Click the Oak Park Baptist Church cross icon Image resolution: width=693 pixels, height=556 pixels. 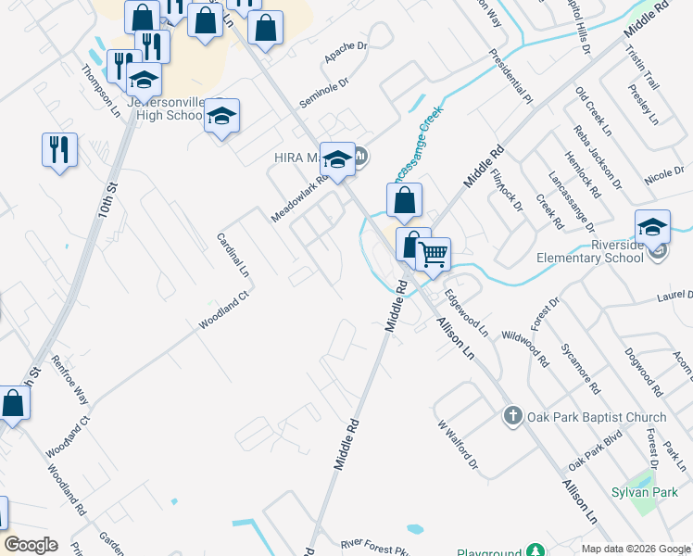pyautogui.click(x=512, y=416)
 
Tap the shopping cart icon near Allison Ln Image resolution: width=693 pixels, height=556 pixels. pyautogui.click(x=433, y=254)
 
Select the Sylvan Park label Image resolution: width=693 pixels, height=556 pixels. pyautogui.click(x=648, y=490)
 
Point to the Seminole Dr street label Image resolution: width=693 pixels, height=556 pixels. pyautogui.click(x=323, y=93)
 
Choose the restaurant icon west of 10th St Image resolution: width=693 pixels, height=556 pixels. pyautogui.click(x=59, y=149)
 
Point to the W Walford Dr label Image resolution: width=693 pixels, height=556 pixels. pyautogui.click(x=457, y=444)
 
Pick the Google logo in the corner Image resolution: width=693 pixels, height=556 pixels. pyautogui.click(x=31, y=545)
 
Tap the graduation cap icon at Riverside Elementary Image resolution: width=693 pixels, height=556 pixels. pyautogui.click(x=652, y=226)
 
